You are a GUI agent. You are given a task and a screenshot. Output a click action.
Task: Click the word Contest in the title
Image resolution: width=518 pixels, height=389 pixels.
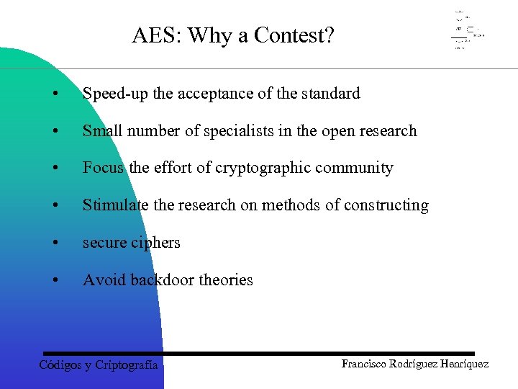296,35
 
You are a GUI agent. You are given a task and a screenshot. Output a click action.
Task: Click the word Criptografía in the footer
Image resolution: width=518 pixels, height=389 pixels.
126,365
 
